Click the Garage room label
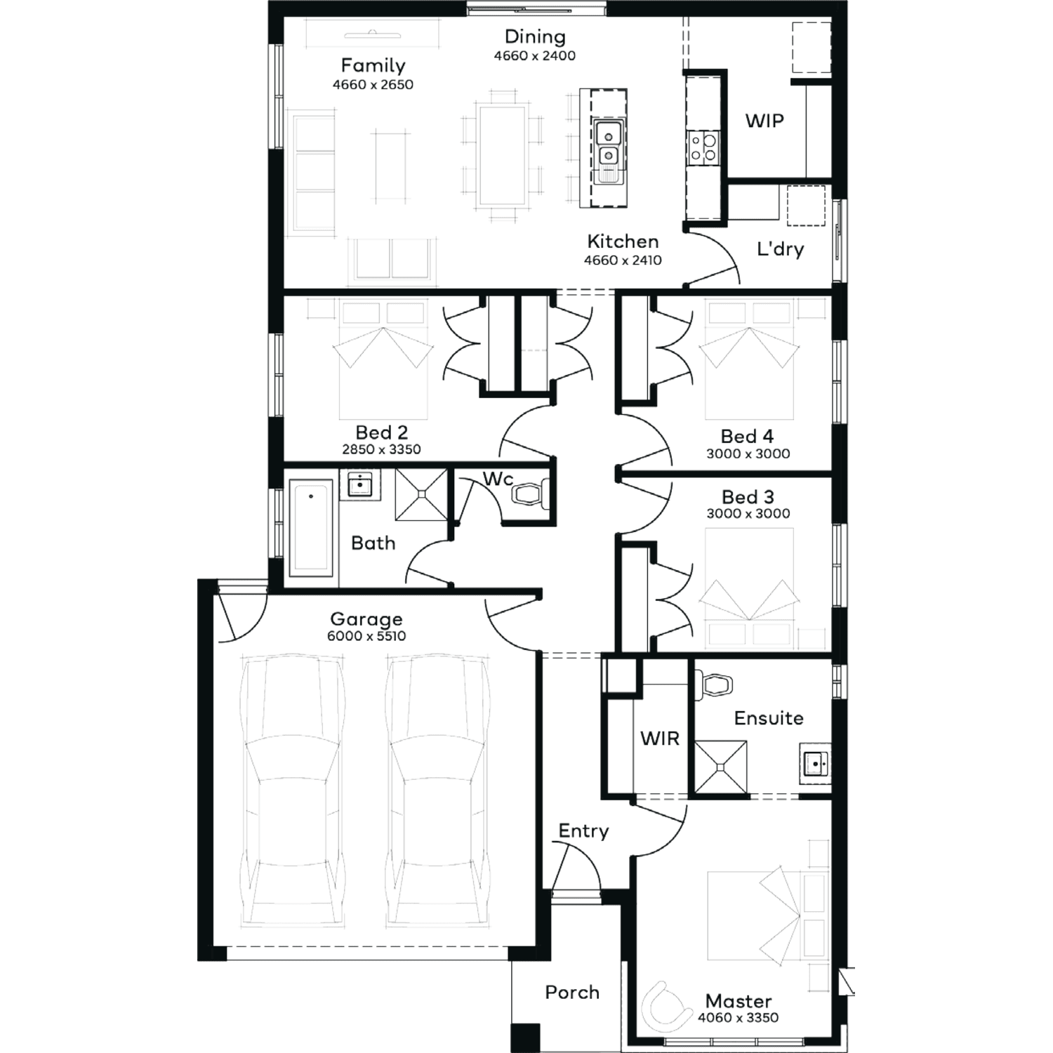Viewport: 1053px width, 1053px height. coord(366,619)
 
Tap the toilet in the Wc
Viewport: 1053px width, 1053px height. coord(530,494)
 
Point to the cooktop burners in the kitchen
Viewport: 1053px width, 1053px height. coord(703,148)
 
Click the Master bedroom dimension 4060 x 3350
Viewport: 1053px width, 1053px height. coord(739,1017)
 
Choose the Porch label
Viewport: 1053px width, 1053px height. coord(572,992)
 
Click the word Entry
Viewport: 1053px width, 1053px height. coord(583,831)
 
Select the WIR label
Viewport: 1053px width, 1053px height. coord(660,739)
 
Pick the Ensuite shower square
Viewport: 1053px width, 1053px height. coord(721,767)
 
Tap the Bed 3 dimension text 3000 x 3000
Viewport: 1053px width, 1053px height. coord(748,513)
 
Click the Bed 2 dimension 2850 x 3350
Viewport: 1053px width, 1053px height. coord(381,449)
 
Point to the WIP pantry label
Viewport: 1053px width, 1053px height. coord(764,121)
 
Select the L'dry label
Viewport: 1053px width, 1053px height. coord(780,249)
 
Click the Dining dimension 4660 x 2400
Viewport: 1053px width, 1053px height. coord(535,55)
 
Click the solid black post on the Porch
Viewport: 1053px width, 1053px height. coord(526,1038)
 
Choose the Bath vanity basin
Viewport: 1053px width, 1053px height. coord(360,484)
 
